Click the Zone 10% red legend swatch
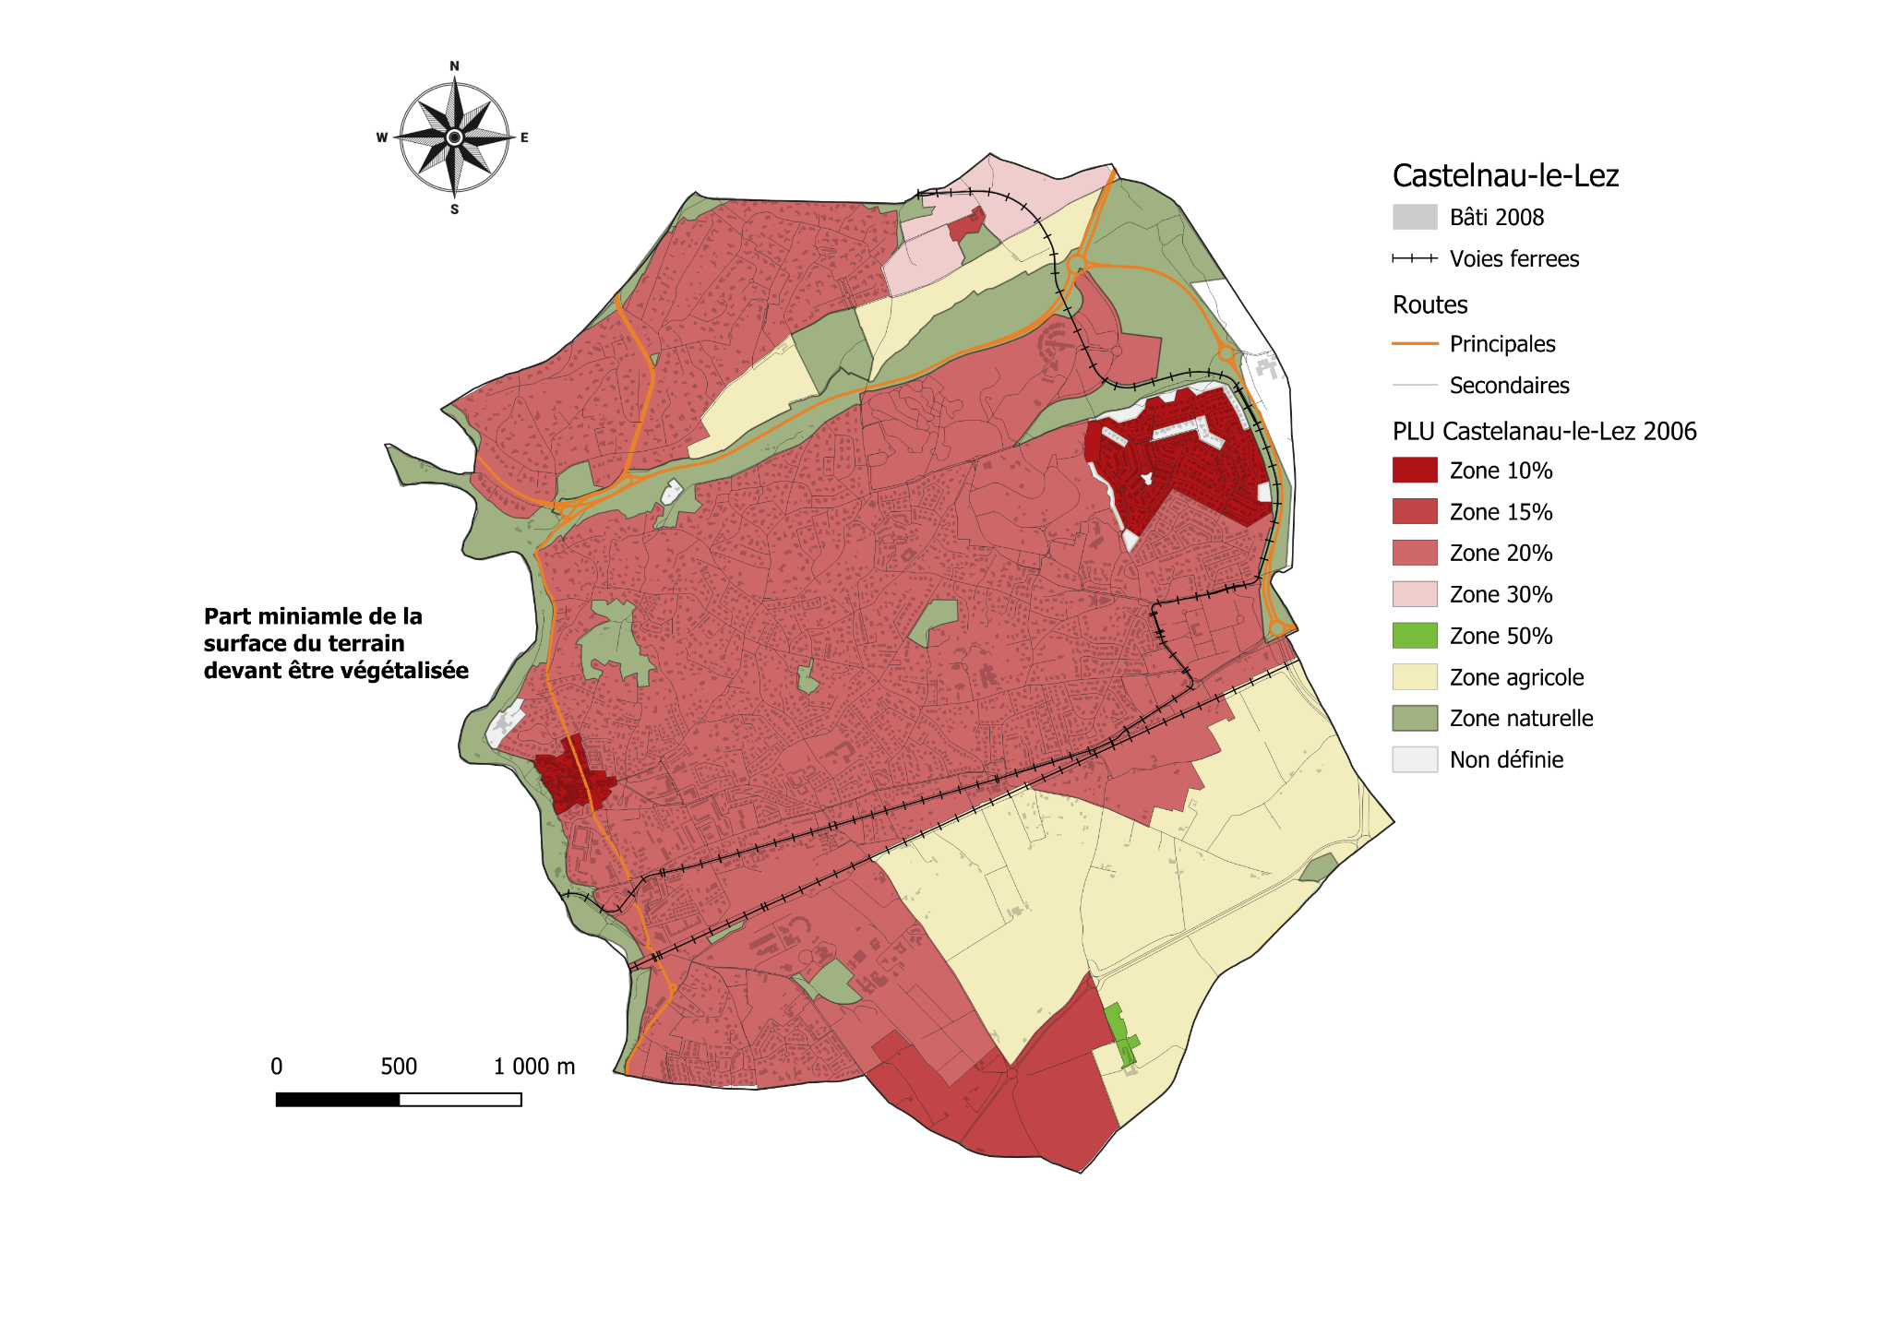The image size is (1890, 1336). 1414,470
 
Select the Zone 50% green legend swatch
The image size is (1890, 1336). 1414,635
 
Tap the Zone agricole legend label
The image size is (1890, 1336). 1516,677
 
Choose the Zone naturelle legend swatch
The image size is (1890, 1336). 1414,718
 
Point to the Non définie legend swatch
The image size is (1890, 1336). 1414,759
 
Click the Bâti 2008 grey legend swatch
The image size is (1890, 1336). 1414,217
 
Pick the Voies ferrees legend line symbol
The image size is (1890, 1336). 1414,258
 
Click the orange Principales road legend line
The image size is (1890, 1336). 1414,343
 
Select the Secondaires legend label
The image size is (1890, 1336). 1509,385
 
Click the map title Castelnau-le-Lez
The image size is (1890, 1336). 1505,175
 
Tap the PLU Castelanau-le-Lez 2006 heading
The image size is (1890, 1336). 1544,431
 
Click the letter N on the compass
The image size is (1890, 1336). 454,66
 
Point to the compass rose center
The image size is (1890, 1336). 454,137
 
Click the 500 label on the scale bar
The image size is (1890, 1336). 399,1067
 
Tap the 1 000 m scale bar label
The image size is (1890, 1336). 533,1067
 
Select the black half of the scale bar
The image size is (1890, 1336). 338,1099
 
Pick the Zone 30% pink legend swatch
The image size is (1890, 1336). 1414,594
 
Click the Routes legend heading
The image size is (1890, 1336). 1429,304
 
